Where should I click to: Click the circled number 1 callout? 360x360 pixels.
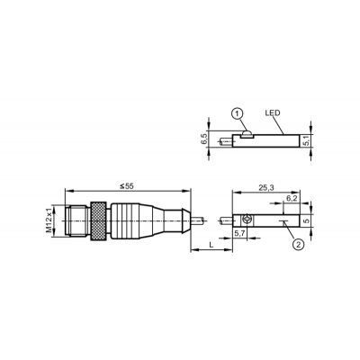(x=238, y=114)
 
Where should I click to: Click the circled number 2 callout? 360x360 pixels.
(x=298, y=245)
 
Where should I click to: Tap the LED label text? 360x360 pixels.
(x=273, y=113)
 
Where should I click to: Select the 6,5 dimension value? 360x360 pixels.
(x=204, y=139)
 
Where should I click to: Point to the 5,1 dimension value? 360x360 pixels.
(x=306, y=140)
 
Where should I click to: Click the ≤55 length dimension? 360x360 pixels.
(x=126, y=186)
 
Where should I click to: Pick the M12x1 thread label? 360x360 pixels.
(x=49, y=221)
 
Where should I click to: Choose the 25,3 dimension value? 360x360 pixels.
(x=266, y=187)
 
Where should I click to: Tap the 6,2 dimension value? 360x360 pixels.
(x=292, y=198)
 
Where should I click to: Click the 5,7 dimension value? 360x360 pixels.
(x=239, y=233)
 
